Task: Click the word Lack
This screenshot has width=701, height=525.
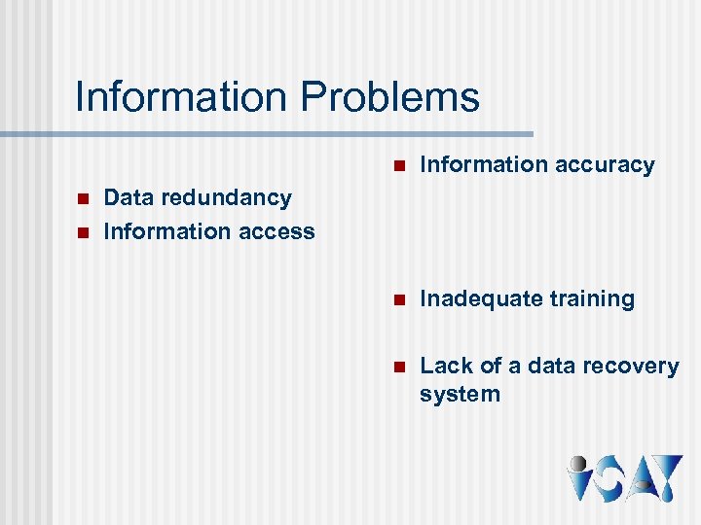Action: click(x=442, y=367)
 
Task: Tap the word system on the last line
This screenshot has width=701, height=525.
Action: click(x=460, y=395)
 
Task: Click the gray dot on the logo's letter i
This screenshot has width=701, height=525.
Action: click(x=579, y=464)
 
